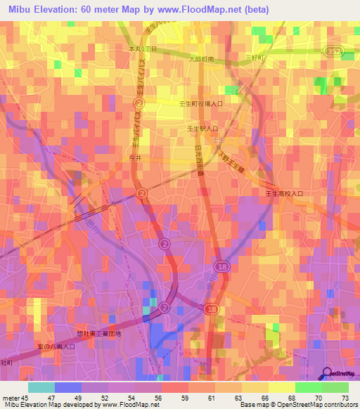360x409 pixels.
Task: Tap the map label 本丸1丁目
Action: (143, 48)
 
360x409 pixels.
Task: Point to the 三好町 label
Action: (254, 57)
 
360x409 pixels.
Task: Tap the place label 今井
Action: (136, 158)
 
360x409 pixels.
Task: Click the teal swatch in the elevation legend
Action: (41, 387)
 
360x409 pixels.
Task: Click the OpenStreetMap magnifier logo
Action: (326, 373)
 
